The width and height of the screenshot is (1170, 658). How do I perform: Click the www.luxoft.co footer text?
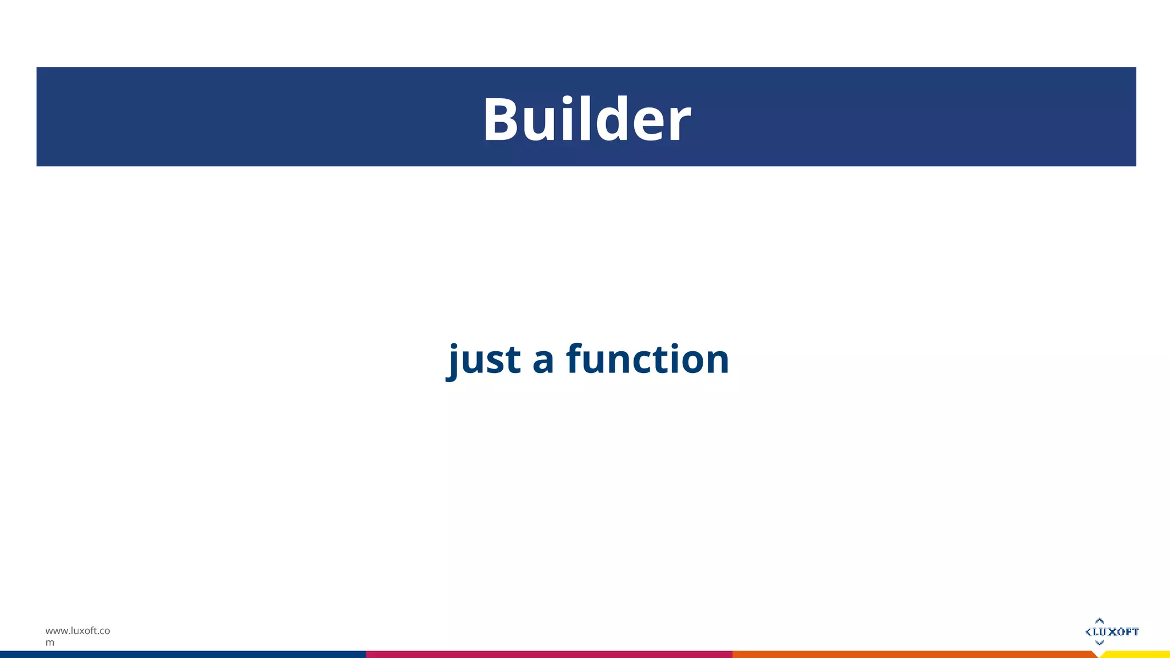78,631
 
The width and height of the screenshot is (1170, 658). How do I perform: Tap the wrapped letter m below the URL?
50,643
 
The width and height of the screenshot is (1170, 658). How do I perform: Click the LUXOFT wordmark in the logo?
1116,632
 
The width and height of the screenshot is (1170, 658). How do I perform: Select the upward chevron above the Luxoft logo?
1099,620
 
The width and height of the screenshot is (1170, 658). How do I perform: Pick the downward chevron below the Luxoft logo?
1099,643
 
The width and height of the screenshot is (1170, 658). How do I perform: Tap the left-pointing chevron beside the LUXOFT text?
1088,632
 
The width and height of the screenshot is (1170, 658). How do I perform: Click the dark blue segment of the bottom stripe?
183,654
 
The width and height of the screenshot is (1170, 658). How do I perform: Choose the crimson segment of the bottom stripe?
548,654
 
